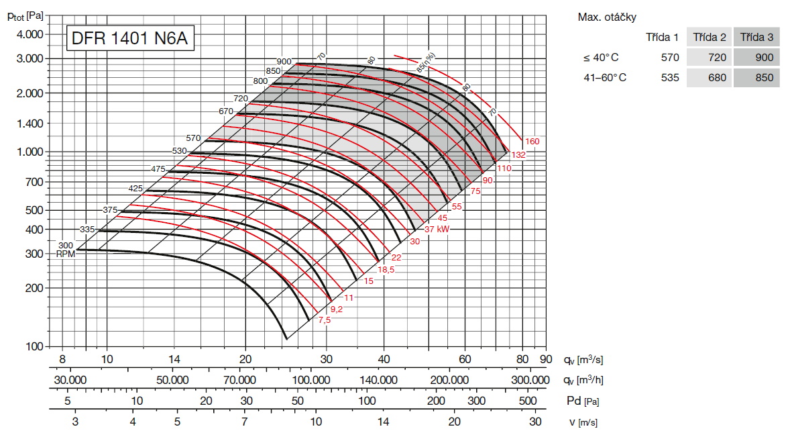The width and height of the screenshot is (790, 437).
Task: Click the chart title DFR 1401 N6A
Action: pos(130,39)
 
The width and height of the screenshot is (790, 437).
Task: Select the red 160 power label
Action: pos(532,142)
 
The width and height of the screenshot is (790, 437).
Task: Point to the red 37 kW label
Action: pos(437,229)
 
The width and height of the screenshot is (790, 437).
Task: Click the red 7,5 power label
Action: pos(325,320)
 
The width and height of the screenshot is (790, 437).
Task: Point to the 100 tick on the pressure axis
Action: pos(35,346)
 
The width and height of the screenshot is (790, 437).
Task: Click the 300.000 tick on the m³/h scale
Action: pos(530,380)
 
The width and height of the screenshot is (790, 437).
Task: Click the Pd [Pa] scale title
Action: pos(581,401)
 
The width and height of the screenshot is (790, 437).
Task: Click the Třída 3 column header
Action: pos(756,37)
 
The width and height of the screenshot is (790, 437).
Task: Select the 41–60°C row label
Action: pos(605,78)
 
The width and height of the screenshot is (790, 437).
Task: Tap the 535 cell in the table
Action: pos(669,78)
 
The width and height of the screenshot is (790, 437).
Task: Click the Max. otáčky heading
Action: pos(607,17)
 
